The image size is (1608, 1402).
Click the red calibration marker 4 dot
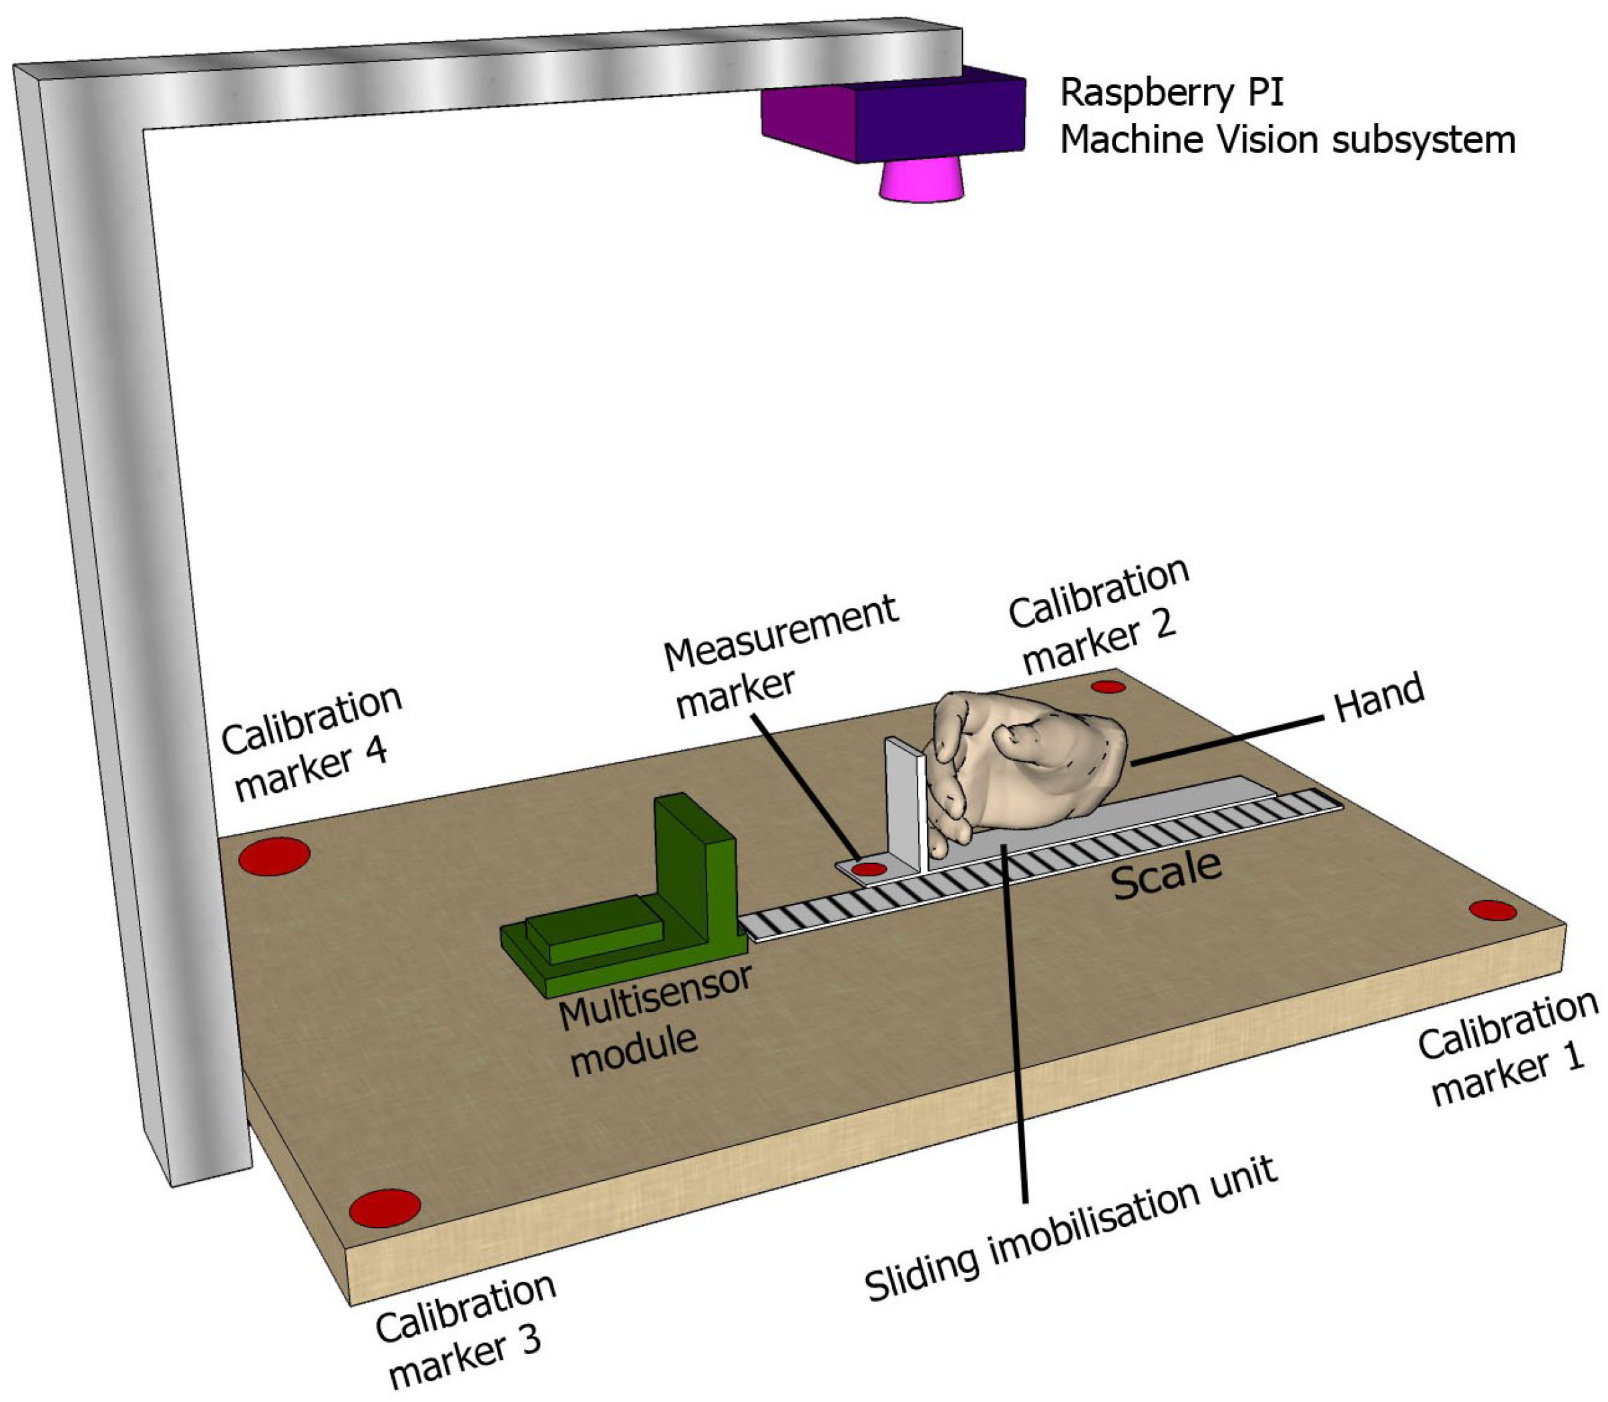274,856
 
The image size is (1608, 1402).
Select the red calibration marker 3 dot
385,1208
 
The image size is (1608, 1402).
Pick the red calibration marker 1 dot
1492,910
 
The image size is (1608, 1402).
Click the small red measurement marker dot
868,869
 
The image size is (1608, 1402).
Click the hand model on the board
1032,763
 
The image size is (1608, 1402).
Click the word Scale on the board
1165,875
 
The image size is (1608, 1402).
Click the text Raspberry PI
1171,93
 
